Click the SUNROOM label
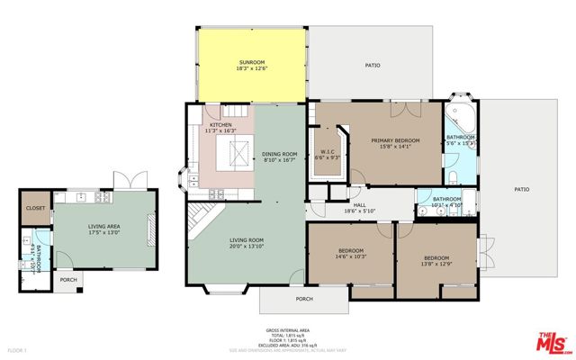[252, 63]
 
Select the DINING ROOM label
[279, 154]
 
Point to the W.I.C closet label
[328, 152]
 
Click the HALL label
[359, 205]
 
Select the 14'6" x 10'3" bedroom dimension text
[350, 256]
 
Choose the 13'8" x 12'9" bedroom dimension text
[436, 265]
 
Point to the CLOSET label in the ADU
[35, 208]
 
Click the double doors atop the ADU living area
[122, 180]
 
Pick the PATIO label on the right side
[522, 190]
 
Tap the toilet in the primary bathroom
[455, 174]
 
